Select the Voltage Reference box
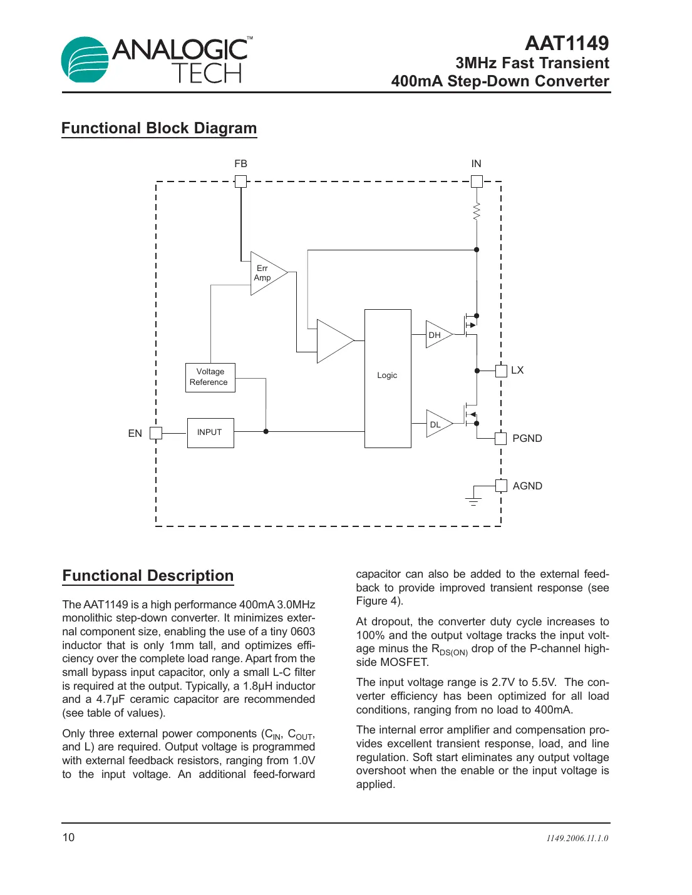coord(210,377)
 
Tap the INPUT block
coord(210,432)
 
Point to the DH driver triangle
coord(436,335)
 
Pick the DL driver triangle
coord(436,424)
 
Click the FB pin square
coord(240,182)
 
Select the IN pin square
coord(477,182)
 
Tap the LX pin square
coord(501,371)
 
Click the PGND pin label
coord(527,438)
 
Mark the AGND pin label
coord(527,486)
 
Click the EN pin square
coord(156,433)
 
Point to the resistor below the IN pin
coord(477,212)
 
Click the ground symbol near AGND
coord(473,500)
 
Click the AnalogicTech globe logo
coord(85,59)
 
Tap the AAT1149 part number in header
coord(566,43)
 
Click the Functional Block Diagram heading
coord(159,128)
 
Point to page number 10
coord(68,837)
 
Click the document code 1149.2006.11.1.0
coord(577,838)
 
